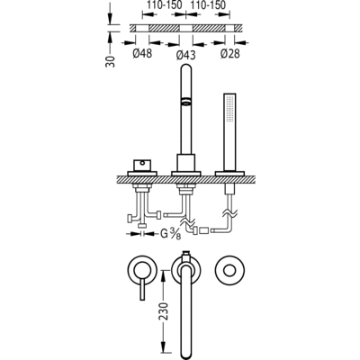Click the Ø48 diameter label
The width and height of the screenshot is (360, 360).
[142, 53]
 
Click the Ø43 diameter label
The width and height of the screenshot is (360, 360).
[185, 55]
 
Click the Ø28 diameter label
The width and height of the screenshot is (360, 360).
[230, 53]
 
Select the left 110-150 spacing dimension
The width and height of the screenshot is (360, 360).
[164, 4]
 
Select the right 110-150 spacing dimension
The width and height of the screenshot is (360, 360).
[208, 4]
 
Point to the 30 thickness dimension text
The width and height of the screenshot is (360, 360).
[111, 61]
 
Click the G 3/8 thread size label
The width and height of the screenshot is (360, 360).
[171, 234]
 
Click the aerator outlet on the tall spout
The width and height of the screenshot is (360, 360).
[186, 101]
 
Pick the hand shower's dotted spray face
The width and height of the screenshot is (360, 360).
[229, 108]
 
